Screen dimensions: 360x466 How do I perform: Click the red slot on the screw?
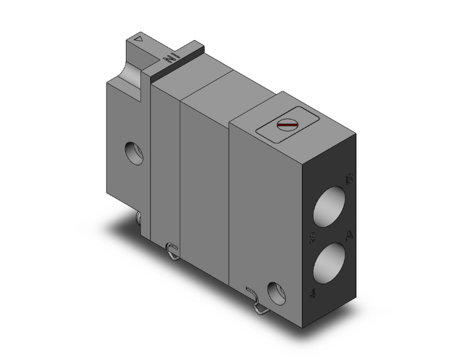(286, 126)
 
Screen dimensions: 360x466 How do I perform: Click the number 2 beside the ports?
(313, 239)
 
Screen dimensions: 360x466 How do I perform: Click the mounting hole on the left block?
(133, 152)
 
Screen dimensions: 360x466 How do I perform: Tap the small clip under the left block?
(139, 217)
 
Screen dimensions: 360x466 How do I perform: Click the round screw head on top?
(286, 126)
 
